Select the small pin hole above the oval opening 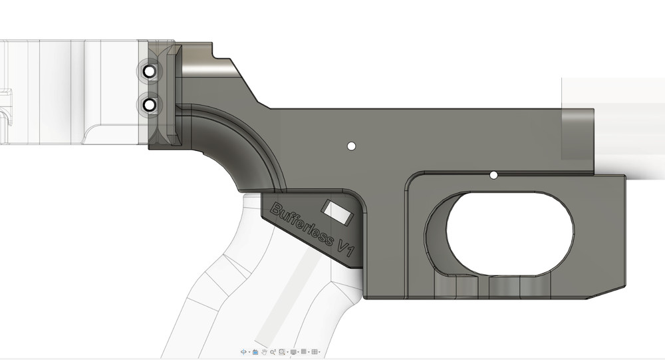[x=493, y=175]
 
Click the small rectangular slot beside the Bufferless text [x=335, y=212]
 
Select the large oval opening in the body [x=509, y=232]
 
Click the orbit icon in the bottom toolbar [x=244, y=351]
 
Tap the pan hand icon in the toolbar [x=264, y=351]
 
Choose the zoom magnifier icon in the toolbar [x=273, y=351]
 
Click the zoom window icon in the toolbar [x=283, y=351]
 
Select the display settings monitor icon [x=293, y=351]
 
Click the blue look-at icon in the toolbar [x=255, y=351]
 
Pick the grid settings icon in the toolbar [x=304, y=351]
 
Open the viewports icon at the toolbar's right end [x=315, y=351]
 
